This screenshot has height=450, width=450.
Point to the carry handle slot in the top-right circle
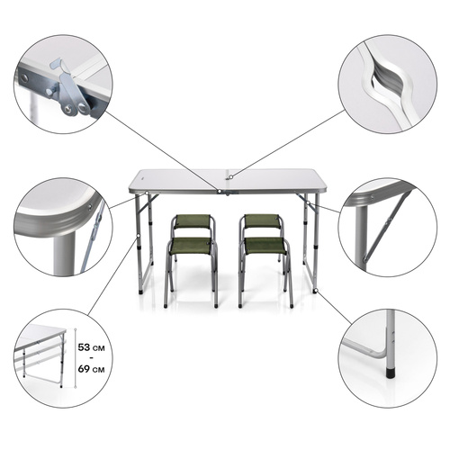pyautogui.click(x=384, y=84)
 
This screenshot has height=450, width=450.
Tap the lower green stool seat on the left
pyautogui.click(x=191, y=244)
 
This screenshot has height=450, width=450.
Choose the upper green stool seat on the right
pyautogui.click(x=262, y=220)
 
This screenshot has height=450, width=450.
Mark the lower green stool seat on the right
pyautogui.click(x=265, y=244)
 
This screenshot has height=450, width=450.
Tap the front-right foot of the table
pyautogui.click(x=315, y=290)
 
